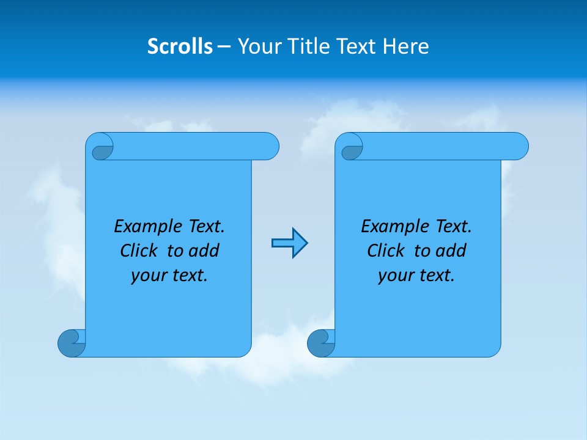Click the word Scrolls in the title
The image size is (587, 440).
tap(180, 46)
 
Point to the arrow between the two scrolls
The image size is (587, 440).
tap(289, 243)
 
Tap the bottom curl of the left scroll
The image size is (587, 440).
tap(72, 343)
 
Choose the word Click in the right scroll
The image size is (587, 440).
tap(385, 251)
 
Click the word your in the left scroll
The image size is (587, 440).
tap(147, 276)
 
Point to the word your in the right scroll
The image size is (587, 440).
tap(394, 276)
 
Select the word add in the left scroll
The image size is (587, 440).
tap(204, 251)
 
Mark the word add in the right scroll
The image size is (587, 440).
tap(451, 251)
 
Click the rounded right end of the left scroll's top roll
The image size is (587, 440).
tap(269, 146)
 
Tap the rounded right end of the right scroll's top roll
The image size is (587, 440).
tap(519, 146)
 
